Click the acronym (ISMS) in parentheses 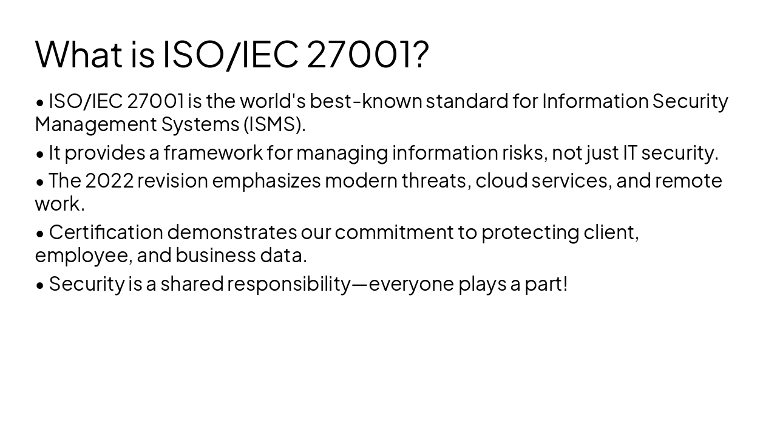pos(274,124)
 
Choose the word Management pos(96,124)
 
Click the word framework pos(212,152)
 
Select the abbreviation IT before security pos(630,152)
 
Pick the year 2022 pos(109,181)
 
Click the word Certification pos(106,232)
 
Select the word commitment pos(394,232)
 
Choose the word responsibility pos(289,284)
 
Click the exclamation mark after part pos(565,283)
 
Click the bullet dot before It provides pos(40,154)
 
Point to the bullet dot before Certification pos(40,234)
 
